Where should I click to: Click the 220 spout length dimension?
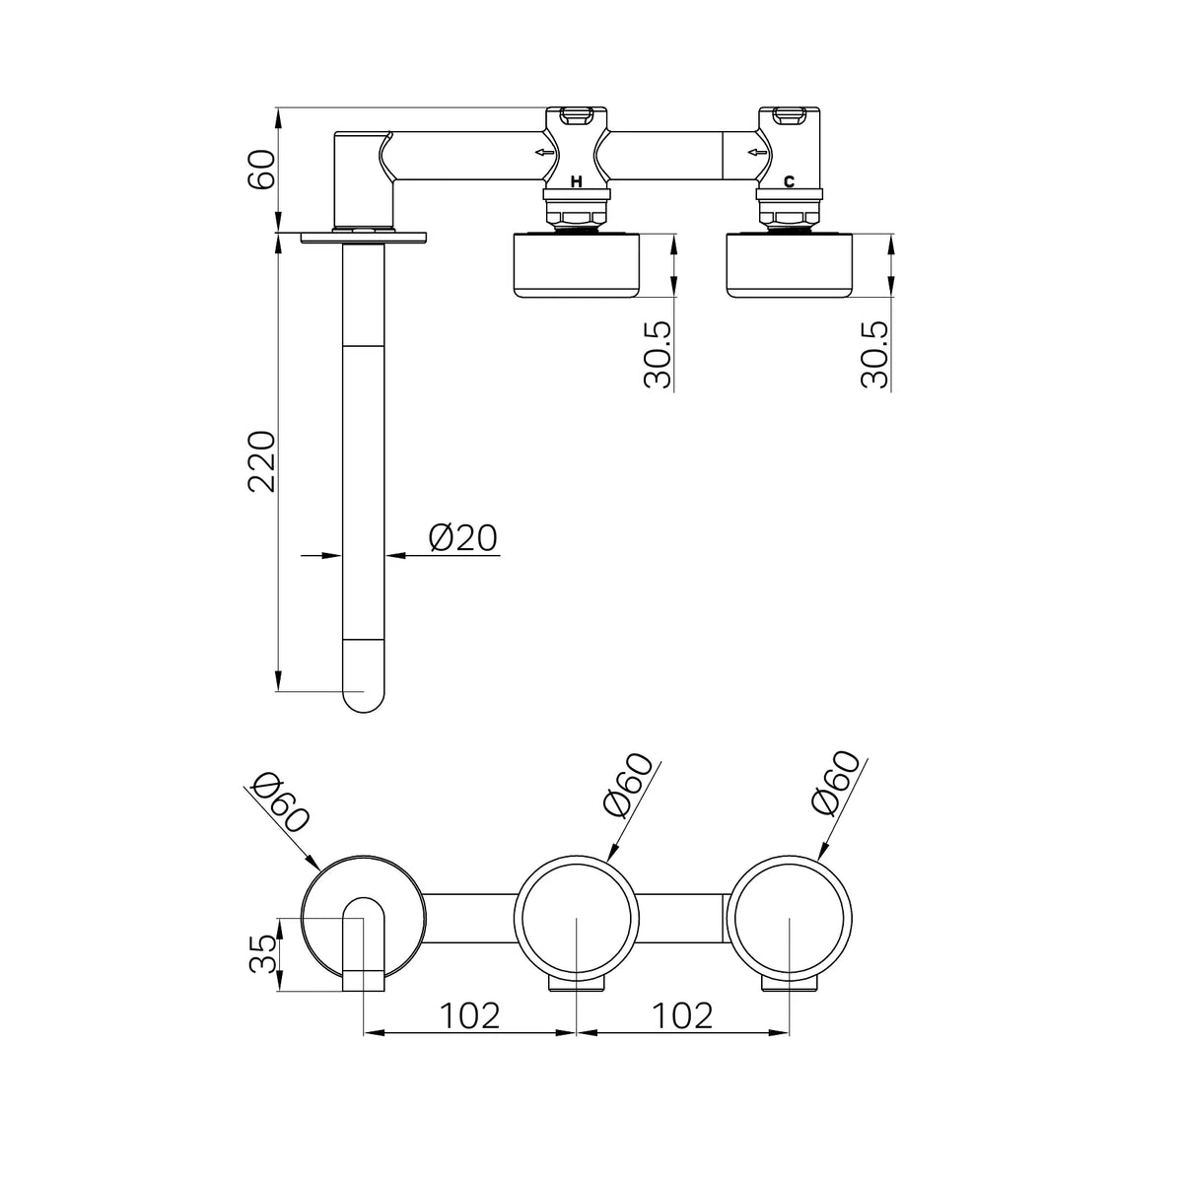[261, 461]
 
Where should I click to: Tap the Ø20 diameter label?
[463, 538]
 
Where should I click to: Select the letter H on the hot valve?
[576, 181]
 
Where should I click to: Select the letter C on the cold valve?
[789, 181]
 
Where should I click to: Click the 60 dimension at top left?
[261, 169]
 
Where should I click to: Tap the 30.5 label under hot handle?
[659, 354]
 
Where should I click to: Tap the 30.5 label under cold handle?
[874, 354]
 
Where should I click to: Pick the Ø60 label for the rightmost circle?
[834, 783]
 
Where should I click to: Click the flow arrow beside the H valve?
[544, 152]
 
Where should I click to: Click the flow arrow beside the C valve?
[757, 152]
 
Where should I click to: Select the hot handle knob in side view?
[577, 265]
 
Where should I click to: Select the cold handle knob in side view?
[790, 265]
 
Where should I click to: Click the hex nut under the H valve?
[577, 217]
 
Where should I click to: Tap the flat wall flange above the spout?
[364, 238]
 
